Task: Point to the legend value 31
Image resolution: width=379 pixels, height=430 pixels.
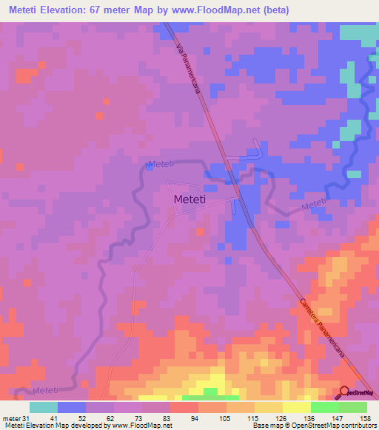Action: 27,418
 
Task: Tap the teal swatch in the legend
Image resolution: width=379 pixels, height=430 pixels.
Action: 44,407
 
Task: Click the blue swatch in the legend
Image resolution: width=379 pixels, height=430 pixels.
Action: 72,407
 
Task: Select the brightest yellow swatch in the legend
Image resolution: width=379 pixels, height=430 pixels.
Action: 297,407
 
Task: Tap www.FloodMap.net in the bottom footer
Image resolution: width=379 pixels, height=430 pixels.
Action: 141,426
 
